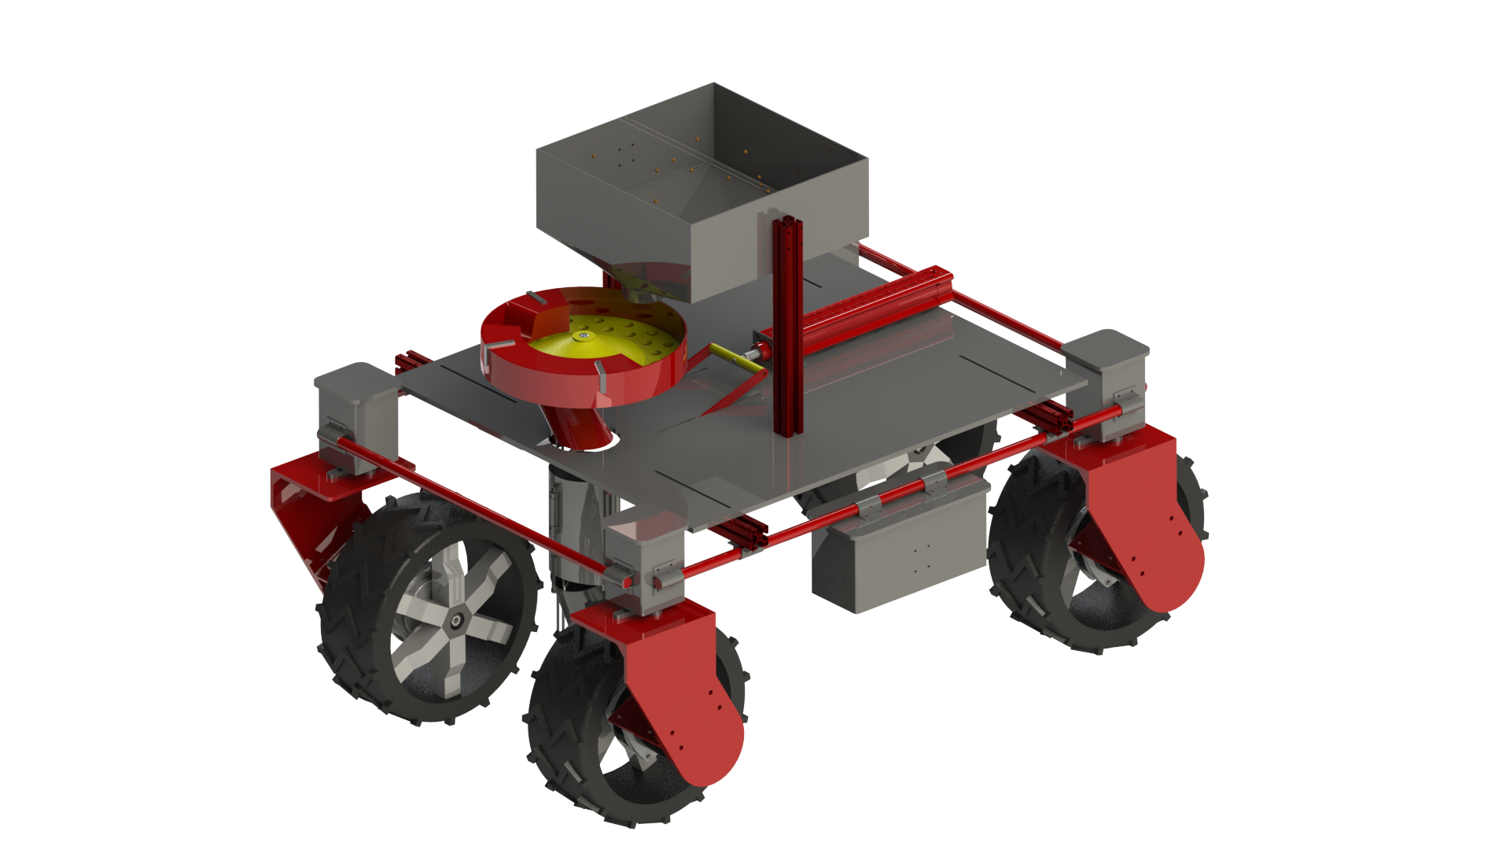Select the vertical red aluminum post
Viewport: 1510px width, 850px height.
coord(788,331)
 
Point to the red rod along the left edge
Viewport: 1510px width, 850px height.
coord(472,504)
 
